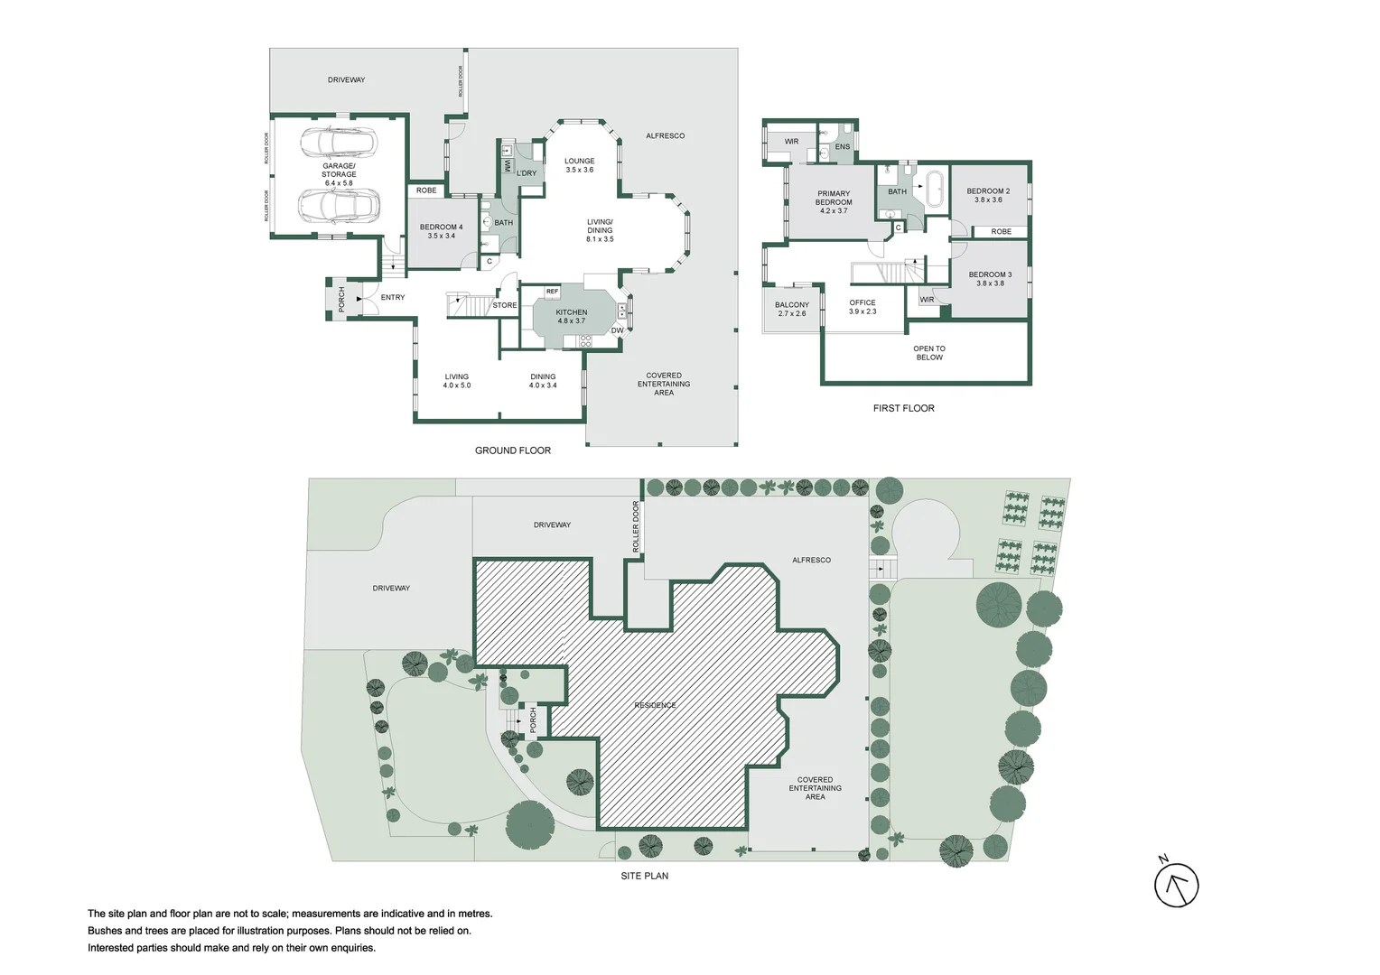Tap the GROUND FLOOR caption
click(x=512, y=450)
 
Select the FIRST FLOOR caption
click(x=903, y=408)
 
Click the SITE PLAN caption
click(x=644, y=876)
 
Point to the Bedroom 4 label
click(x=441, y=231)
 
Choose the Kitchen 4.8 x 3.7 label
click(x=571, y=316)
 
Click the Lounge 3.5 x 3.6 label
click(x=579, y=165)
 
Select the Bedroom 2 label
click(x=988, y=195)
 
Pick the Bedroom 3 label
click(x=990, y=278)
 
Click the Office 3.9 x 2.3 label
click(x=862, y=307)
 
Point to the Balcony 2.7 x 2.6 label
click(x=791, y=309)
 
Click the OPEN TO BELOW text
click(x=928, y=352)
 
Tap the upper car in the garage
click(x=337, y=142)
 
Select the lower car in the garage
click(x=338, y=206)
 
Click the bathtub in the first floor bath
click(x=934, y=189)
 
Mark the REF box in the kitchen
click(x=552, y=292)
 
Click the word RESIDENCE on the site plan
click(x=655, y=705)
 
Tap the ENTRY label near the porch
click(x=392, y=297)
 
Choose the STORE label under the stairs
click(x=504, y=305)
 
